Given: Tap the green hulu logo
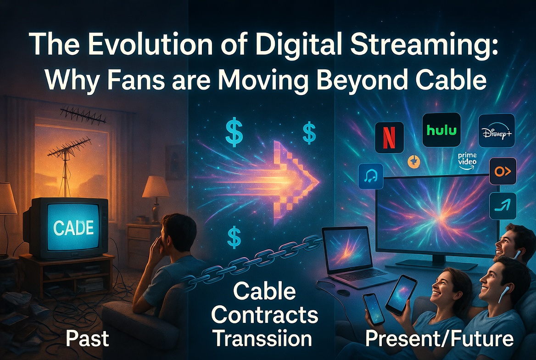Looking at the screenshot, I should tap(441, 129).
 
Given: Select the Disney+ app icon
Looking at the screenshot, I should tap(496, 130).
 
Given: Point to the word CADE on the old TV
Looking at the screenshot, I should tap(73, 226).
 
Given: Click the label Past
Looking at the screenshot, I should tap(87, 339).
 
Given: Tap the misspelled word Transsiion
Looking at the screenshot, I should tap(262, 339).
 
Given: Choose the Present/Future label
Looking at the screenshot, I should tap(439, 339).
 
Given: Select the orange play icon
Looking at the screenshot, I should tap(502, 172).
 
